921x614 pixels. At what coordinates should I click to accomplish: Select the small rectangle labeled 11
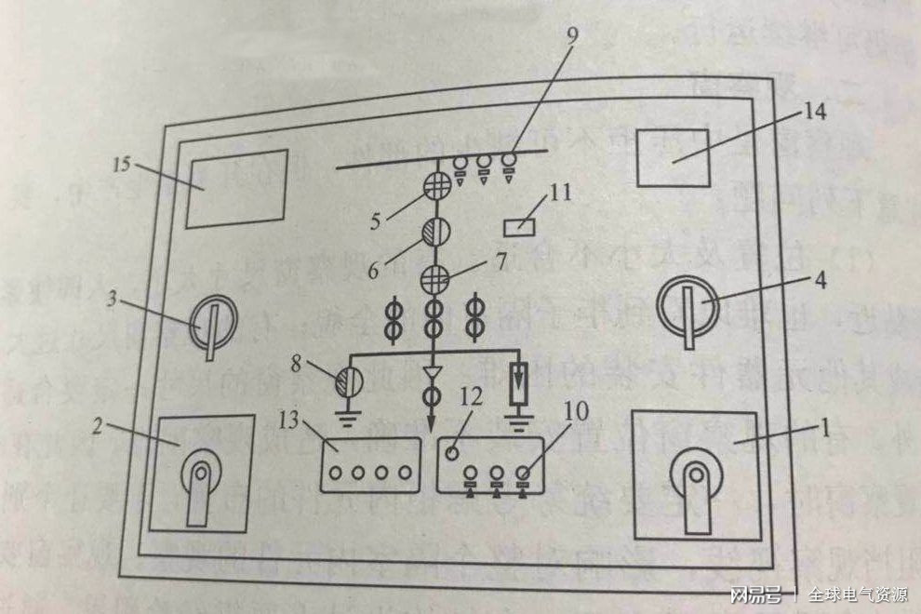click(519, 225)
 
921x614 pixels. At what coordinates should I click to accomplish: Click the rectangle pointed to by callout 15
click(236, 188)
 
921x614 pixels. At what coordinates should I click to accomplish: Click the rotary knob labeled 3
click(212, 327)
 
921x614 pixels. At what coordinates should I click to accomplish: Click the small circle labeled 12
click(450, 454)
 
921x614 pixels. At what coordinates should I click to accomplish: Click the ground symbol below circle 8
click(346, 416)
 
